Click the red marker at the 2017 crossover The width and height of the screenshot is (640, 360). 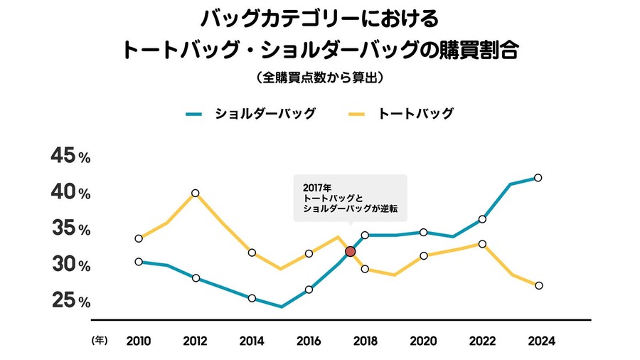(350, 251)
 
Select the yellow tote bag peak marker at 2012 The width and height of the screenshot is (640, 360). (196, 193)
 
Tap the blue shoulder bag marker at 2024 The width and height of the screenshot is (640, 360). (538, 177)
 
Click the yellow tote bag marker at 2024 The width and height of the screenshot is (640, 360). (538, 285)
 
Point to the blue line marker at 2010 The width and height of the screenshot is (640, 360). (139, 262)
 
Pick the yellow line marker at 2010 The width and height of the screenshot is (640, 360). (139, 238)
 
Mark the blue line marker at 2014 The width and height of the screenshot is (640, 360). (252, 298)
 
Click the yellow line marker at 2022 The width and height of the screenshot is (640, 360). (482, 244)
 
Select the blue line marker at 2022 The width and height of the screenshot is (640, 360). (482, 219)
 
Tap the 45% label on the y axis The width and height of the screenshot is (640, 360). (70, 157)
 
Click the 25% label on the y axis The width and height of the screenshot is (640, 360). (70, 302)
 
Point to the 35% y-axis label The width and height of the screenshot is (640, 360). (70, 229)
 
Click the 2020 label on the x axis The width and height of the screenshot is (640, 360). (424, 341)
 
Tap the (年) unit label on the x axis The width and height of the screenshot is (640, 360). (99, 341)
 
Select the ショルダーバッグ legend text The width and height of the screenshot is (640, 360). (265, 113)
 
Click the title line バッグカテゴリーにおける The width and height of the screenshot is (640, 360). (319, 18)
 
